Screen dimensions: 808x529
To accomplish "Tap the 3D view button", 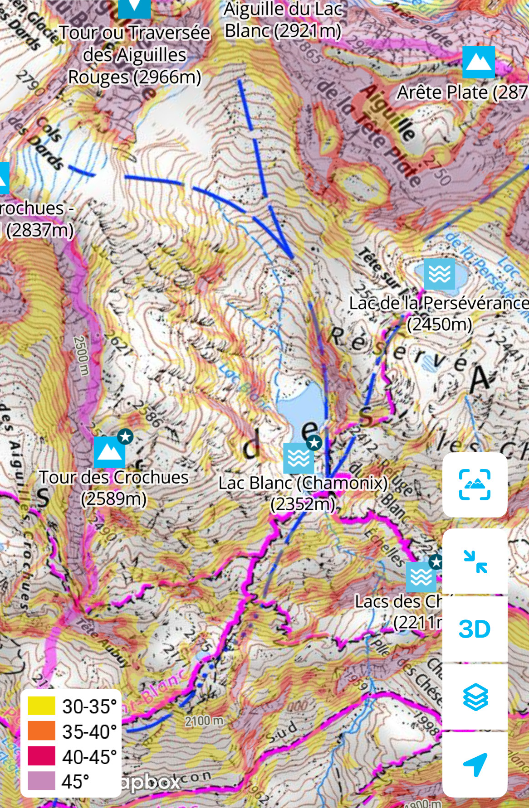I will [x=475, y=629].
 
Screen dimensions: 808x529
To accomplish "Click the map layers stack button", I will [x=475, y=697].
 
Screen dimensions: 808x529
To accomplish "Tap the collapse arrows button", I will [x=475, y=561].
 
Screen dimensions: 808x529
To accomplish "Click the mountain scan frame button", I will [x=475, y=484].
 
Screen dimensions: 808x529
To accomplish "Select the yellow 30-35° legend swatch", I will [x=41, y=706].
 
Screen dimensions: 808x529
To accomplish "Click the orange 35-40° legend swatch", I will [x=41, y=731].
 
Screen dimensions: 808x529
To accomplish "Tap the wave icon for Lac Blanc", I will [x=299, y=458].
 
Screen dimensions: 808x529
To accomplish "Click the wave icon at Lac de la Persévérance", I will [x=439, y=274].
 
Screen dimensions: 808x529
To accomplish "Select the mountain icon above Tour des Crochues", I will [x=109, y=452].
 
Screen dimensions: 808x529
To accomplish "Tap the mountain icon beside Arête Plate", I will [x=479, y=62].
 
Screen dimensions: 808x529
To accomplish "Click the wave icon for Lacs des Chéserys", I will [x=421, y=577].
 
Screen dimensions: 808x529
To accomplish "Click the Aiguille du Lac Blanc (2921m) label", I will [x=283, y=20].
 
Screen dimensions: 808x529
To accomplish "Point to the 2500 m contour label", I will [x=80, y=356].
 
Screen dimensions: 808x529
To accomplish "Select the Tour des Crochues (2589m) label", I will [x=113, y=488].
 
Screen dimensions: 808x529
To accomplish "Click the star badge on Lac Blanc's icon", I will [x=313, y=442].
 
